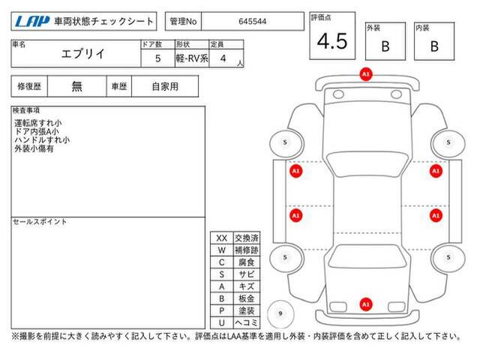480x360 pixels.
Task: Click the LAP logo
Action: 32,21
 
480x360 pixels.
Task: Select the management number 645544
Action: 252,22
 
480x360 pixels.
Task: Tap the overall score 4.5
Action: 332,41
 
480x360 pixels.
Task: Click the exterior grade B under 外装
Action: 385,46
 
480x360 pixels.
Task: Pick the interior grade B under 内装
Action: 434,46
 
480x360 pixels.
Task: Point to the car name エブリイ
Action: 83,54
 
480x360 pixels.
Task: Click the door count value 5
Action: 157,58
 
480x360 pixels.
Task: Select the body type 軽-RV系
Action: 192,58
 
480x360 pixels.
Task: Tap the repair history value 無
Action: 76,86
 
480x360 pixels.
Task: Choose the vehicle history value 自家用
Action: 165,87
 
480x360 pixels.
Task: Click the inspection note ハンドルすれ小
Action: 42,140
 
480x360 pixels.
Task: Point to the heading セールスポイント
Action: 40,222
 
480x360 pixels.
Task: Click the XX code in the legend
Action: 222,238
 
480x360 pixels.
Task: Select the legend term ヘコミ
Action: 247,322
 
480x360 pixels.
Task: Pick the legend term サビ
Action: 247,274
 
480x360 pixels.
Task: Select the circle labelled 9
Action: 280,313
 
